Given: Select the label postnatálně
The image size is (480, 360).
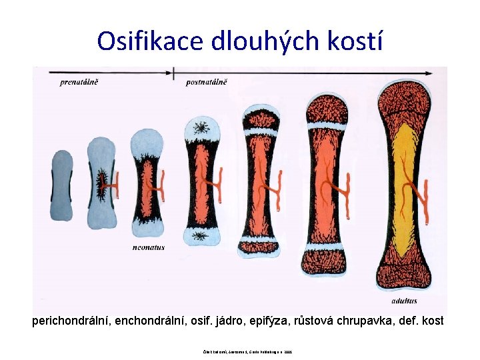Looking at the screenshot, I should (207, 82).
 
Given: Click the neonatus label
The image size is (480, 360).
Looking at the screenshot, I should (149, 247).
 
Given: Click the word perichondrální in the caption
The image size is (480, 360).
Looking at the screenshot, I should (71, 321).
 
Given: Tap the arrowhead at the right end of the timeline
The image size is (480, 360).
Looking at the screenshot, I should (441, 72).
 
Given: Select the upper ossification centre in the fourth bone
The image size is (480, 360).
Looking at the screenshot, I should (201, 126).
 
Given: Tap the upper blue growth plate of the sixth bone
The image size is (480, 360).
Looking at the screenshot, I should (326, 125).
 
